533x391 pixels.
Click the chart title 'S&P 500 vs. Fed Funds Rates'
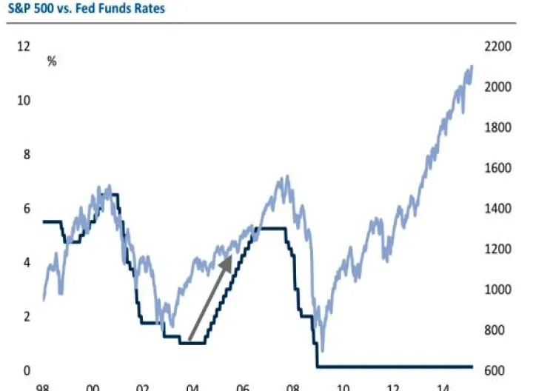click(x=82, y=9)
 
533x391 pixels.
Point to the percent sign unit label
click(x=52, y=61)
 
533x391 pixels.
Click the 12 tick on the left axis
click(x=24, y=46)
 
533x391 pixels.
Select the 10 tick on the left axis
click(x=24, y=100)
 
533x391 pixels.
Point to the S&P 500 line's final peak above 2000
click(x=472, y=67)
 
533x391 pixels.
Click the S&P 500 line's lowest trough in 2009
click(x=322, y=350)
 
